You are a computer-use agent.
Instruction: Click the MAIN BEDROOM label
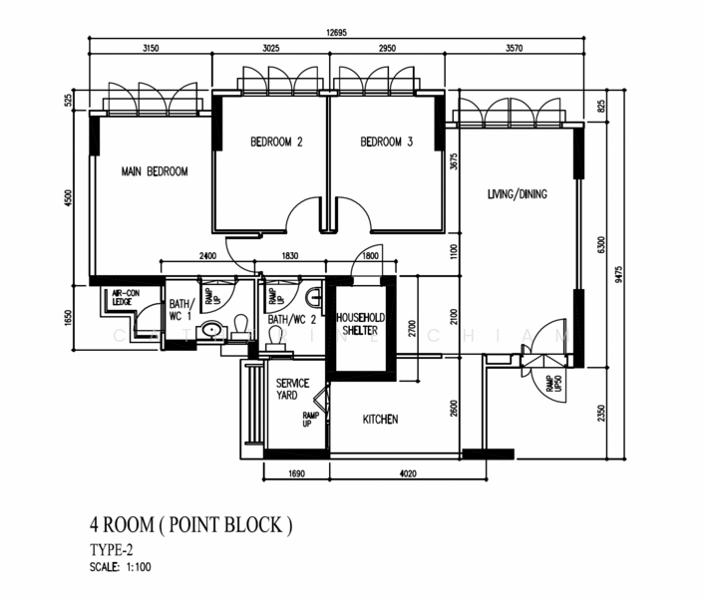click(x=155, y=172)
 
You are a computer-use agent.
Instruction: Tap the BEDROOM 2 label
click(x=276, y=143)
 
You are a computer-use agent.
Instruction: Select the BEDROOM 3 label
click(x=386, y=143)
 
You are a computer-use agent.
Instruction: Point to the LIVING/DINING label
click(x=518, y=194)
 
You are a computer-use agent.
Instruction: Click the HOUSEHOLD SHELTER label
click(x=363, y=324)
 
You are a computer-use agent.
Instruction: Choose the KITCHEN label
click(x=380, y=420)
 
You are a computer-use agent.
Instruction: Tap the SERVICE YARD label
click(x=293, y=390)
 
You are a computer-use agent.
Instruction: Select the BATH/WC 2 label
click(x=292, y=320)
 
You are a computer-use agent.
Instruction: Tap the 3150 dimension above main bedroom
click(x=152, y=49)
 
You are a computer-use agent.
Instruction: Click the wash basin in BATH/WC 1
click(x=211, y=330)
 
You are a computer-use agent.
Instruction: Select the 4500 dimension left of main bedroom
click(x=69, y=196)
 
